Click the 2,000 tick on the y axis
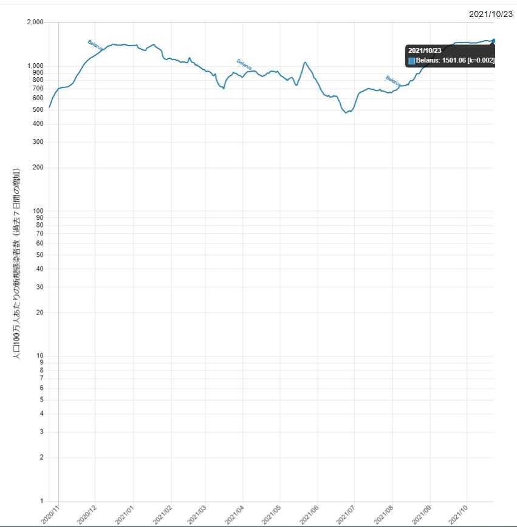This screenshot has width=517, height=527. pyautogui.click(x=35, y=22)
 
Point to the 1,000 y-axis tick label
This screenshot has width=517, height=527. pyautogui.click(x=35, y=66)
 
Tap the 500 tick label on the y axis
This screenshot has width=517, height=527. pyautogui.click(x=38, y=110)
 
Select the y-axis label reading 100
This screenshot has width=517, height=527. pyautogui.click(x=38, y=211)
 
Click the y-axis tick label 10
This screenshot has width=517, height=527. pyautogui.click(x=39, y=356)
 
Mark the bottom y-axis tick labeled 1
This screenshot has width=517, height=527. pyautogui.click(x=41, y=501)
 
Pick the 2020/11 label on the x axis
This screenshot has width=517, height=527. pyautogui.click(x=50, y=514)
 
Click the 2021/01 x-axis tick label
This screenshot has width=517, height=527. pyautogui.click(x=125, y=514)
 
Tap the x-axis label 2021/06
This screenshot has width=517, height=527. pyautogui.click(x=310, y=514)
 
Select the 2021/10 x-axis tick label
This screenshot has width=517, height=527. pyautogui.click(x=459, y=514)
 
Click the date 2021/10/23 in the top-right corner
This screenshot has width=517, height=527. pyautogui.click(x=491, y=14)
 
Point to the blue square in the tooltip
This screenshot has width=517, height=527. pyautogui.click(x=412, y=61)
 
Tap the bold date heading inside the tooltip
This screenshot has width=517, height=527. pyautogui.click(x=424, y=50)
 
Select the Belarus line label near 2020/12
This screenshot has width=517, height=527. pyautogui.click(x=95, y=43)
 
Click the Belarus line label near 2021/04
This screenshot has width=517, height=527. pyautogui.click(x=244, y=64)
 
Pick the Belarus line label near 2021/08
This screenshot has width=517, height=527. pyautogui.click(x=393, y=80)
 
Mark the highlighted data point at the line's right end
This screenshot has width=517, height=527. pyautogui.click(x=493, y=41)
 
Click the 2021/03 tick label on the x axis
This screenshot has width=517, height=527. pyautogui.click(x=199, y=514)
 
